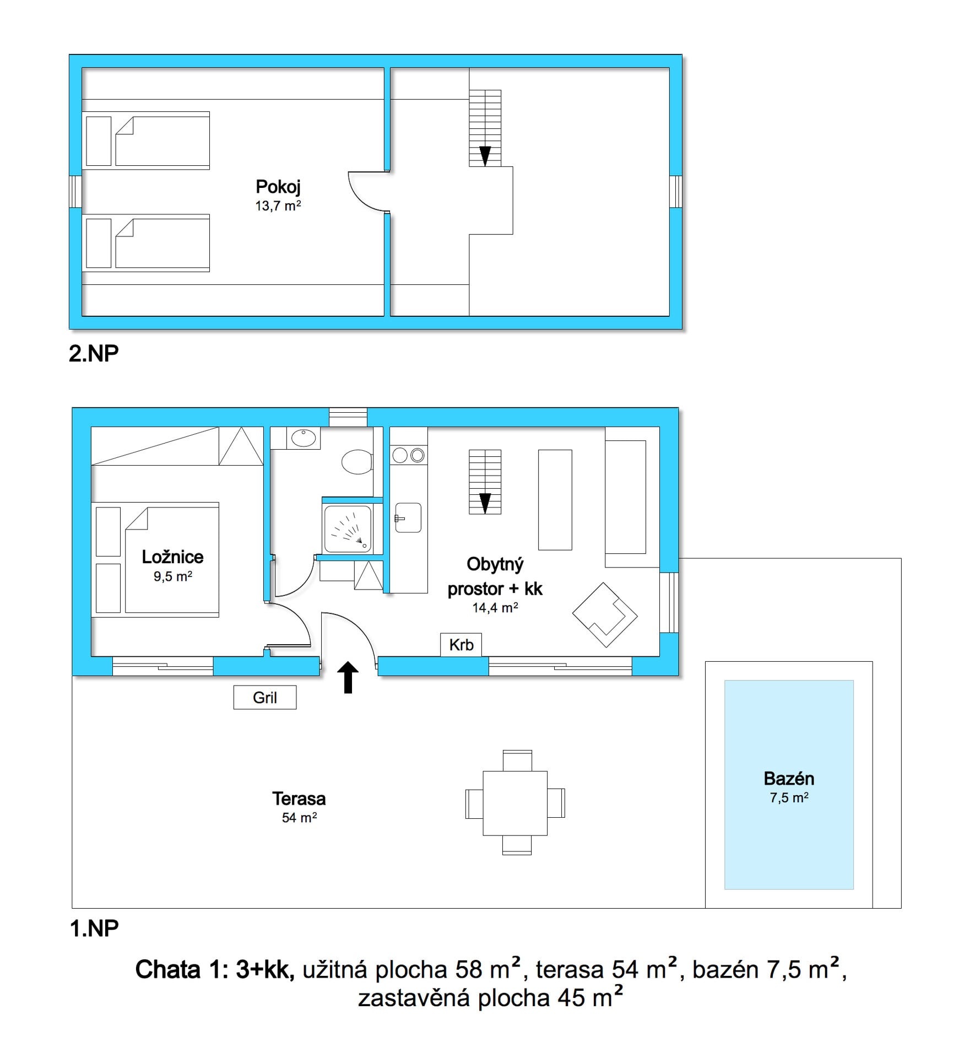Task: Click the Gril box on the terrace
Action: coord(265,697)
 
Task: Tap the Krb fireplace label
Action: coord(461,645)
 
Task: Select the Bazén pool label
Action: coord(789,778)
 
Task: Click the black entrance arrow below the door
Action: coord(348,677)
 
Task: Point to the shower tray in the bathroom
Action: coord(348,529)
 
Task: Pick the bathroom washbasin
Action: coord(303,438)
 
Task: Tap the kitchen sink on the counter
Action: coord(408,518)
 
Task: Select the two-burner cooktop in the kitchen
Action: coord(409,455)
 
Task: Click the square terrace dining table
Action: coord(515,803)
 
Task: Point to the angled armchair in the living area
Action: coord(605,614)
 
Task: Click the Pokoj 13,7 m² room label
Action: coord(278,195)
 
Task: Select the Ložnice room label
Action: coord(172,557)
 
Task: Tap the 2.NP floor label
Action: coord(94,353)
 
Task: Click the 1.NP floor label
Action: coord(94,929)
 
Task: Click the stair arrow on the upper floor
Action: coord(485,156)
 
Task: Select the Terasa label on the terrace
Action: coord(299,798)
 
